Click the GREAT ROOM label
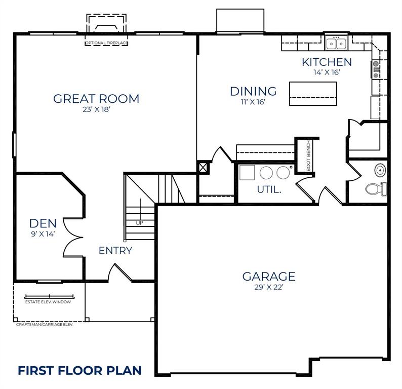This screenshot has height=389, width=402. (96, 98)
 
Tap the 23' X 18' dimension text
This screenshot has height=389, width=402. (96, 109)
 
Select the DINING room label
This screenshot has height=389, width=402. (253, 91)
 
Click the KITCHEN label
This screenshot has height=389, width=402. (327, 62)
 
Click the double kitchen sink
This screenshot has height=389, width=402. (336, 44)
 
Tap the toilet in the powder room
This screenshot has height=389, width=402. (375, 189)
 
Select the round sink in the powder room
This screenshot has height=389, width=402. (380, 169)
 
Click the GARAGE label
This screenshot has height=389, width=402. (268, 277)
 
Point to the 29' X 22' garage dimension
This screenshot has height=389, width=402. (268, 287)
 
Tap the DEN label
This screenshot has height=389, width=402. (43, 223)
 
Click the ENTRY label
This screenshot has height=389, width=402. (115, 250)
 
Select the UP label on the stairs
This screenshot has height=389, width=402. (139, 223)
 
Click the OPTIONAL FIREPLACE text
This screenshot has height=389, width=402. (106, 44)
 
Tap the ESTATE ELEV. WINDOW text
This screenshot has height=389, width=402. (48, 302)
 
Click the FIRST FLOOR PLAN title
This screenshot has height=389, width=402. (79, 370)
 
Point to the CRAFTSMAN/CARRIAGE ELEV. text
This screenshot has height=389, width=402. (45, 324)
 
